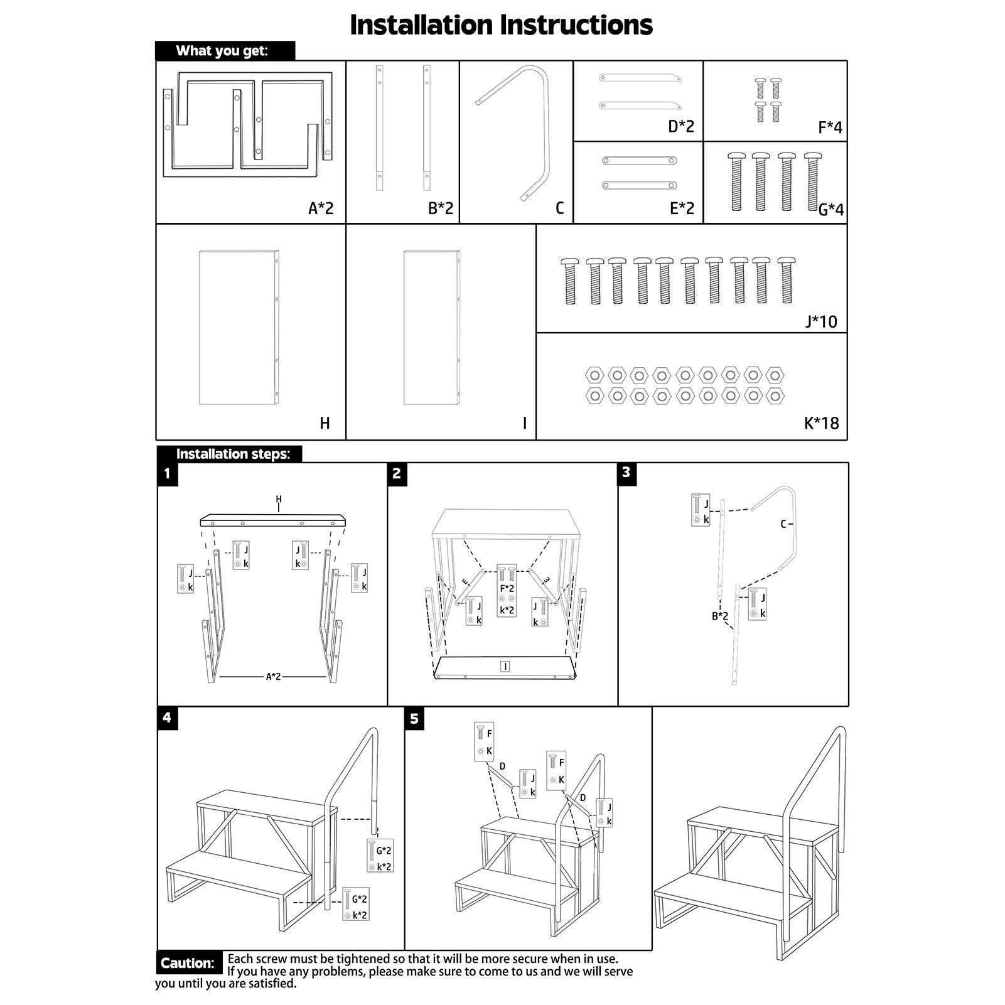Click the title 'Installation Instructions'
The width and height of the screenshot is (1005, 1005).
pos(501,25)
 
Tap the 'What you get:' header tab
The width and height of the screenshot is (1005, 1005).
pos(222,51)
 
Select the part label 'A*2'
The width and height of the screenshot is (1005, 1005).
pos(321,208)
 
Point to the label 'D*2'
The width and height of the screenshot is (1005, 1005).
pos(681,126)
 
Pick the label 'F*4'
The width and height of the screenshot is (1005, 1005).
pos(830,127)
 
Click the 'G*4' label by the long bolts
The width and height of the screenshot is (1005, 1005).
pos(831,210)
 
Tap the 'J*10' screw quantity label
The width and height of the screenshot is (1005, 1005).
pos(821,321)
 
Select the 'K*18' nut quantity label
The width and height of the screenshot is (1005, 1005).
pos(821,423)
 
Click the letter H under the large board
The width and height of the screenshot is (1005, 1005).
pos(325,423)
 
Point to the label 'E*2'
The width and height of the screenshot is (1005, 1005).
pos(682,208)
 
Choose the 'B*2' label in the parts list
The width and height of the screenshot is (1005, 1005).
pos(441,208)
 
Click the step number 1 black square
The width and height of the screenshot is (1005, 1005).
pos(167,473)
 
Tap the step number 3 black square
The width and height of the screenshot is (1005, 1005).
pos(626,473)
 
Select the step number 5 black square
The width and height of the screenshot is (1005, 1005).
pos(414,719)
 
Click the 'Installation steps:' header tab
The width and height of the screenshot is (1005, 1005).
pos(232,454)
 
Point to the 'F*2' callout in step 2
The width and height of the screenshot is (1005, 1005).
pos(507,589)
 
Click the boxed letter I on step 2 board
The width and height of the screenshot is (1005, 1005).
pos(505,666)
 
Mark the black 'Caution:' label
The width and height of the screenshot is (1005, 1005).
pos(188,963)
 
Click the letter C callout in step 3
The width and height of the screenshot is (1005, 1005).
pos(783,524)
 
